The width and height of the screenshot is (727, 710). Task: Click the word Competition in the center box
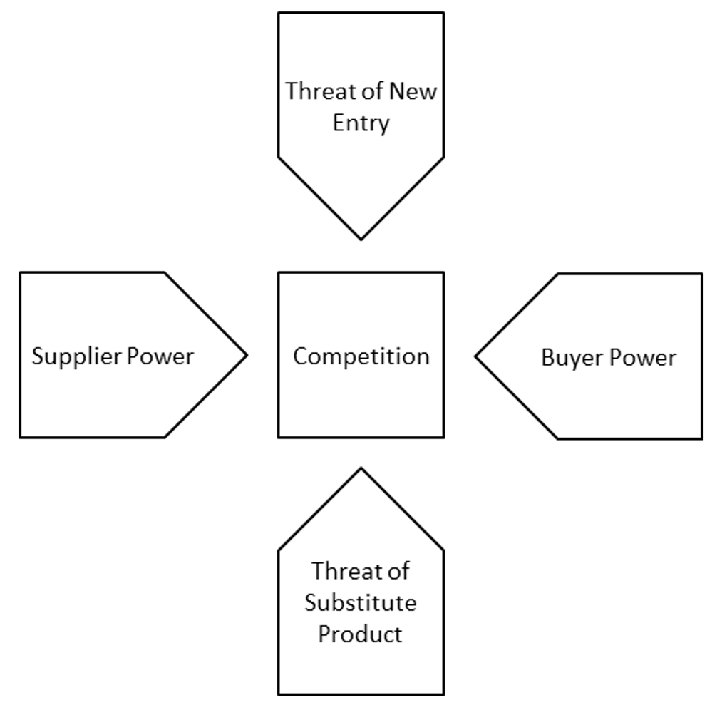[x=361, y=356]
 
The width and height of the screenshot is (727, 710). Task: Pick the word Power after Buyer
[x=641, y=357]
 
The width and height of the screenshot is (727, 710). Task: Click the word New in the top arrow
[x=414, y=92]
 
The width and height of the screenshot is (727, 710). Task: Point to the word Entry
[x=361, y=123]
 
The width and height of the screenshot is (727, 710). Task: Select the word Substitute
[x=361, y=602]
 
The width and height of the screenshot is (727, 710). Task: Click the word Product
[x=361, y=634]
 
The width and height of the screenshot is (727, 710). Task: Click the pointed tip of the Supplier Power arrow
[x=247, y=354]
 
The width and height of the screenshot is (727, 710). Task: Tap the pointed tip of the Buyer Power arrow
[x=475, y=356]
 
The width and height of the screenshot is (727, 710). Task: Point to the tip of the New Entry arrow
[x=361, y=239]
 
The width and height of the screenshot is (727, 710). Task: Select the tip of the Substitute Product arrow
[x=361, y=468]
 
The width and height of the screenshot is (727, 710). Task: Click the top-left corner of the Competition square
[x=279, y=272]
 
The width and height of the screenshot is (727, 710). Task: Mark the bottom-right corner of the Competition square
[x=443, y=436]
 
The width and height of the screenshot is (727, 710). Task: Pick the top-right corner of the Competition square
[x=443, y=272]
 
